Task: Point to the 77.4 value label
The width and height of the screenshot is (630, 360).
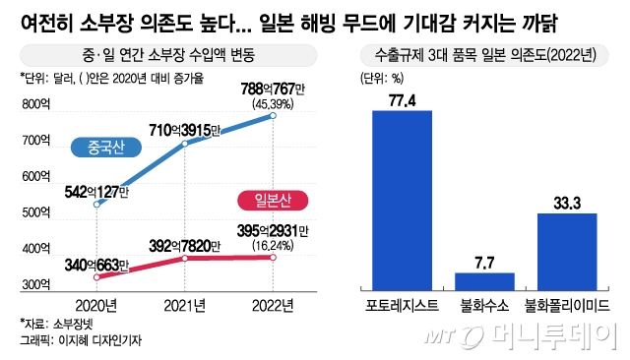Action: coord(402,99)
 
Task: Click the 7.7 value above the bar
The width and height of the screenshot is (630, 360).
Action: coord(484,262)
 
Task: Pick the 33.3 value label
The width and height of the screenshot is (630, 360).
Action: coord(568,203)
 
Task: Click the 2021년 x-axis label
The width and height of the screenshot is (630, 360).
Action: coord(184,304)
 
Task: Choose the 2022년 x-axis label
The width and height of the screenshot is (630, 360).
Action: coord(274,304)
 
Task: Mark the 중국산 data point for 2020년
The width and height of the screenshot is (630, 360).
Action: coord(96,204)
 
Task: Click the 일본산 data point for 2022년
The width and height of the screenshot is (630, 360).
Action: coord(274,258)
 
